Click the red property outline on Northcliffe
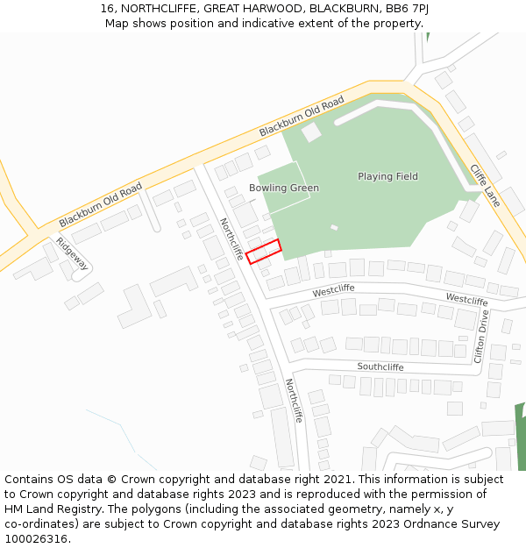pyautogui.click(x=263, y=251)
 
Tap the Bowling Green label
pyautogui.click(x=283, y=189)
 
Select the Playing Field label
pyautogui.click(x=387, y=176)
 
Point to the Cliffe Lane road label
pyautogui.click(x=484, y=186)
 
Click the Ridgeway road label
pyautogui.click(x=72, y=253)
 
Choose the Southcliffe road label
pyautogui.click(x=380, y=367)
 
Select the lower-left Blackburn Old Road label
pyautogui.click(x=100, y=205)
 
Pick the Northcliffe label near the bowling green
pyautogui.click(x=231, y=239)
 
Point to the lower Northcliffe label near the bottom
pyautogui.click(x=294, y=401)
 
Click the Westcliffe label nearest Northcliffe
pyautogui.click(x=333, y=288)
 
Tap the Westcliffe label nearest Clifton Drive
pyautogui.click(x=466, y=300)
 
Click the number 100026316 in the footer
pyautogui.click(x=36, y=539)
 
